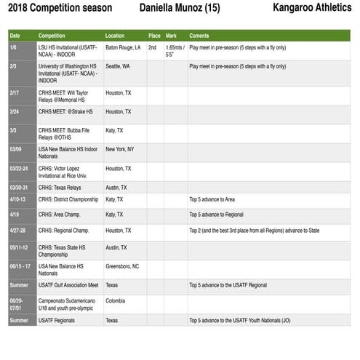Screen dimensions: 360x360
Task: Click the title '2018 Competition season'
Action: tap(60, 9)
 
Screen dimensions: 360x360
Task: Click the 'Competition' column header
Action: tap(55, 36)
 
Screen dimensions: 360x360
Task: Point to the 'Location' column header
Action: tap(115, 36)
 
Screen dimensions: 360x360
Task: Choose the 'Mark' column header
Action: tap(172, 36)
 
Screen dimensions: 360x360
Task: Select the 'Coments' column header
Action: tap(199, 36)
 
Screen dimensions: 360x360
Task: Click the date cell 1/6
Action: tap(13, 47)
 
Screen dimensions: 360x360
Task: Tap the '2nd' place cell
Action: tap(153, 47)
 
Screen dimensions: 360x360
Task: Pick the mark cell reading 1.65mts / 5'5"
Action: tap(175, 50)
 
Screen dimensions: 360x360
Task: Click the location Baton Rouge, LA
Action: tap(123, 47)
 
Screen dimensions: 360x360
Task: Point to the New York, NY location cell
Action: tap(120, 149)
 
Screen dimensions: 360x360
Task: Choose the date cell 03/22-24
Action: tap(20, 168)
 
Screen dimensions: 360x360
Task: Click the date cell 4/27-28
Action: tap(18, 231)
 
